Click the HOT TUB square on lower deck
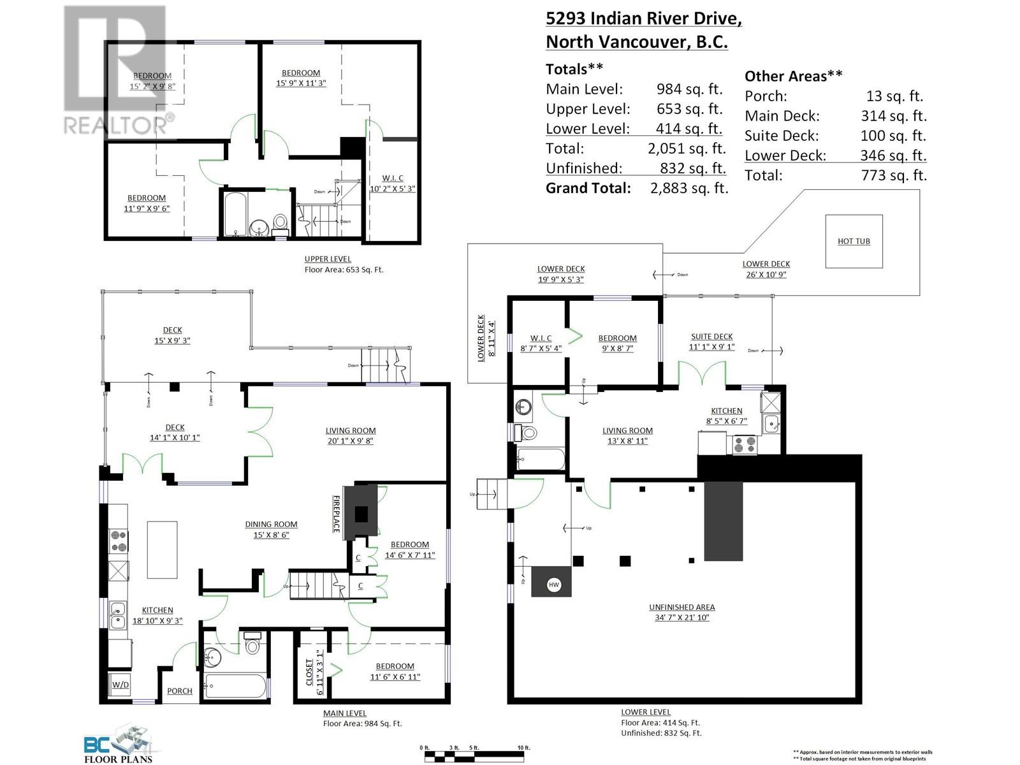(x=854, y=241)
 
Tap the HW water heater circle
(x=553, y=584)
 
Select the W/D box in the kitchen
(x=120, y=685)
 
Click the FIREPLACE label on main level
(x=337, y=514)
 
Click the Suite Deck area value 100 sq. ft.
(x=894, y=135)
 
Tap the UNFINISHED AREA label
(x=681, y=607)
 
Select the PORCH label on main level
(x=180, y=690)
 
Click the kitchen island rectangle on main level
(x=162, y=550)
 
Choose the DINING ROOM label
(x=271, y=524)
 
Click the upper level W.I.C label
(x=393, y=178)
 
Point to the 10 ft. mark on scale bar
(x=523, y=748)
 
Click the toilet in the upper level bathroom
(x=279, y=223)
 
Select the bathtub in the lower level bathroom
(x=541, y=458)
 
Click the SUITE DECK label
(x=711, y=336)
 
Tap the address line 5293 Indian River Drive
(x=643, y=18)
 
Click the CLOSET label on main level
(x=310, y=672)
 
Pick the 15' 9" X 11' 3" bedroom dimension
(x=301, y=83)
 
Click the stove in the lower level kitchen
(x=745, y=444)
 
